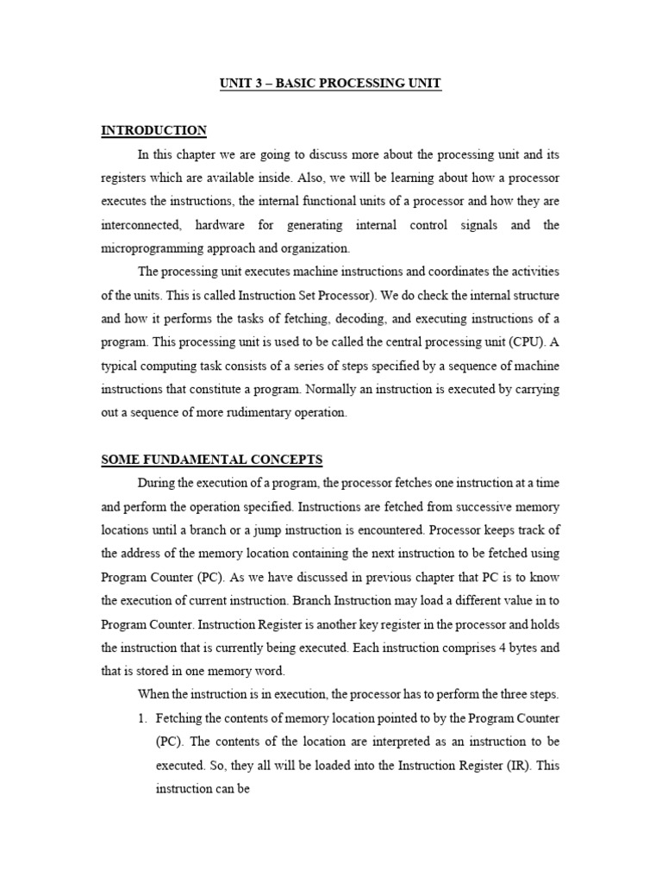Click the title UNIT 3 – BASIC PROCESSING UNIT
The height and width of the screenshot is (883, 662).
pyautogui.click(x=331, y=84)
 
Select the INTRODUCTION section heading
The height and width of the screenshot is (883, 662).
pyautogui.click(x=154, y=131)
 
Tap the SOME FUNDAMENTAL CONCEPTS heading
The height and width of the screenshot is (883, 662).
pyautogui.click(x=212, y=460)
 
